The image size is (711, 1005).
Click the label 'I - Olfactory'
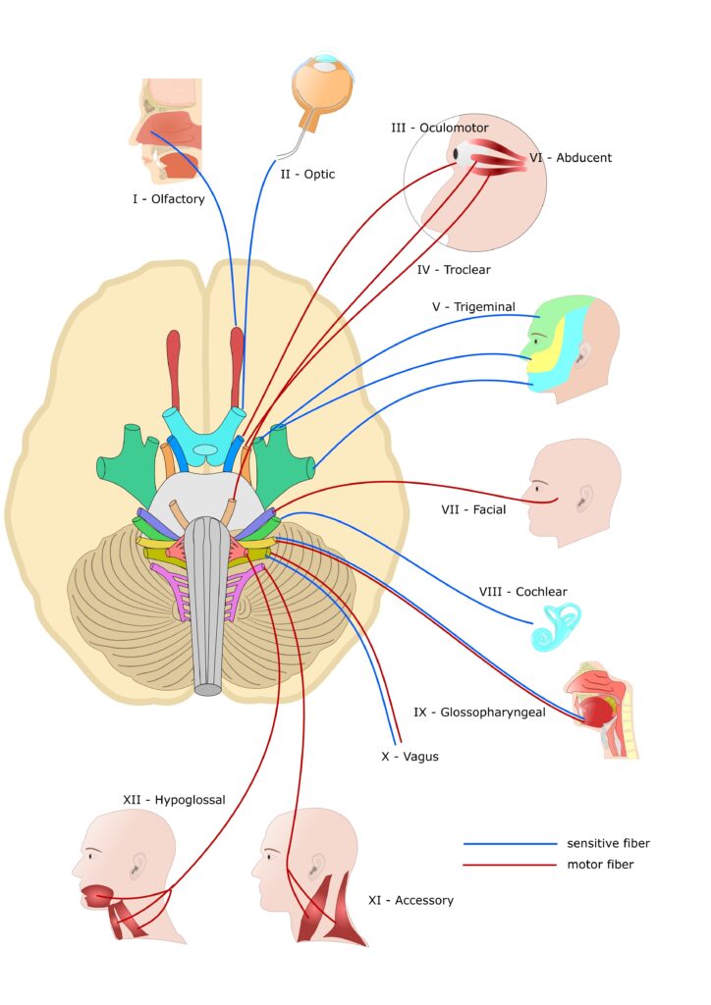click(x=169, y=199)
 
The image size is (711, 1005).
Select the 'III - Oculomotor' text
click(x=439, y=128)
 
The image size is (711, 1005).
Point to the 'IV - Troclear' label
click(x=453, y=269)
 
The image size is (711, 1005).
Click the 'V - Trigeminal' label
click(x=473, y=306)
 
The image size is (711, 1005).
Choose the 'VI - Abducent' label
click(x=570, y=157)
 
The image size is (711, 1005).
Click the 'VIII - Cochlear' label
click(x=522, y=592)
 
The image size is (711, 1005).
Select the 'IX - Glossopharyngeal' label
click(x=479, y=712)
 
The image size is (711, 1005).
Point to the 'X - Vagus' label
click(x=410, y=757)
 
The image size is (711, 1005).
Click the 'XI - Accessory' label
click(x=410, y=899)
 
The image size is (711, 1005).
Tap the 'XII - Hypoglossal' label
click(x=174, y=800)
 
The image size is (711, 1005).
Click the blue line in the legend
click(x=509, y=843)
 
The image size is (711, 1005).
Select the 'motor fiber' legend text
click(x=600, y=865)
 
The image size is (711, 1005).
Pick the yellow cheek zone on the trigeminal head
click(x=547, y=348)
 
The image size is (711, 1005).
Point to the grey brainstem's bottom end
click(x=207, y=689)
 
